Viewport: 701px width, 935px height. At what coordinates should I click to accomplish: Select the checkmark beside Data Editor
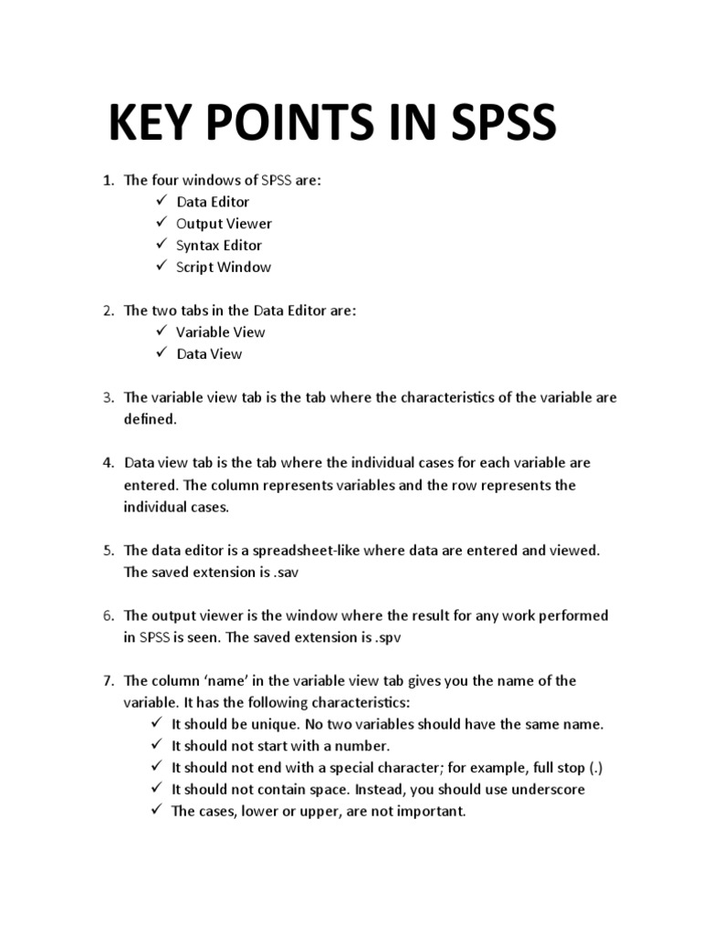coord(160,201)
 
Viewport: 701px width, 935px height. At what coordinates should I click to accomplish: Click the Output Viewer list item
coord(224,224)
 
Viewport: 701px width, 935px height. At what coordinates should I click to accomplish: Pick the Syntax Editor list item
coord(219,246)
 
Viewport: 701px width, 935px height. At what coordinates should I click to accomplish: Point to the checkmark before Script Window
coord(160,267)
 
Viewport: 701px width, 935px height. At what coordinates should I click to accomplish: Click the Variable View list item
coord(221,332)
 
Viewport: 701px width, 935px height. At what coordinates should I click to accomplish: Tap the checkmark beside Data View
coord(160,353)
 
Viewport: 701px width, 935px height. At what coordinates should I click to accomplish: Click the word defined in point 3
coord(149,419)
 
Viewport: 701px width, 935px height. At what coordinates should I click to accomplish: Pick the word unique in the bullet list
coord(283,724)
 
